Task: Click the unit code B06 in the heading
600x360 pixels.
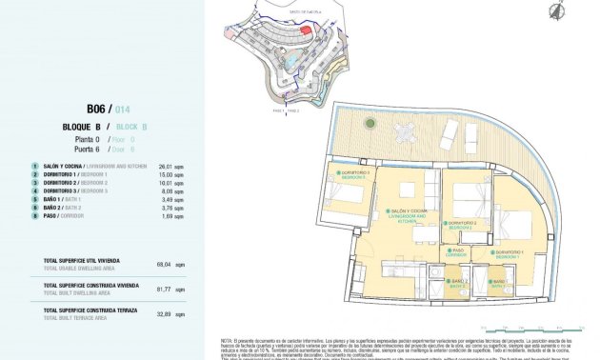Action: tap(95, 110)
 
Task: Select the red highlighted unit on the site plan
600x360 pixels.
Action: tap(306, 30)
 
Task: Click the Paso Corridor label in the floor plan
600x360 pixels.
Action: tap(459, 252)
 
